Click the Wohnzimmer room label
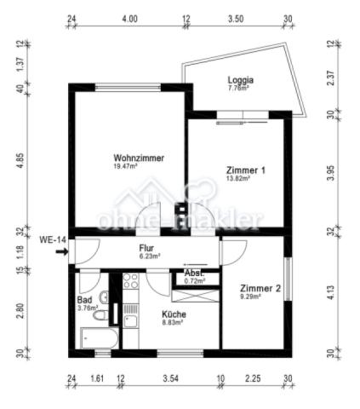coord(138,158)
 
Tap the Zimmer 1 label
coord(246,170)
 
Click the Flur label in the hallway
coord(146,249)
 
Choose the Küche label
coord(174,314)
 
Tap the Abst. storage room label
coord(194,273)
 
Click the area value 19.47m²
coord(127,167)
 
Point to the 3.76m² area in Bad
coord(89,308)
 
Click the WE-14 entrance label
coord(53,240)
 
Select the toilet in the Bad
coord(102,315)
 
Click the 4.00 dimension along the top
coord(129,18)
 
